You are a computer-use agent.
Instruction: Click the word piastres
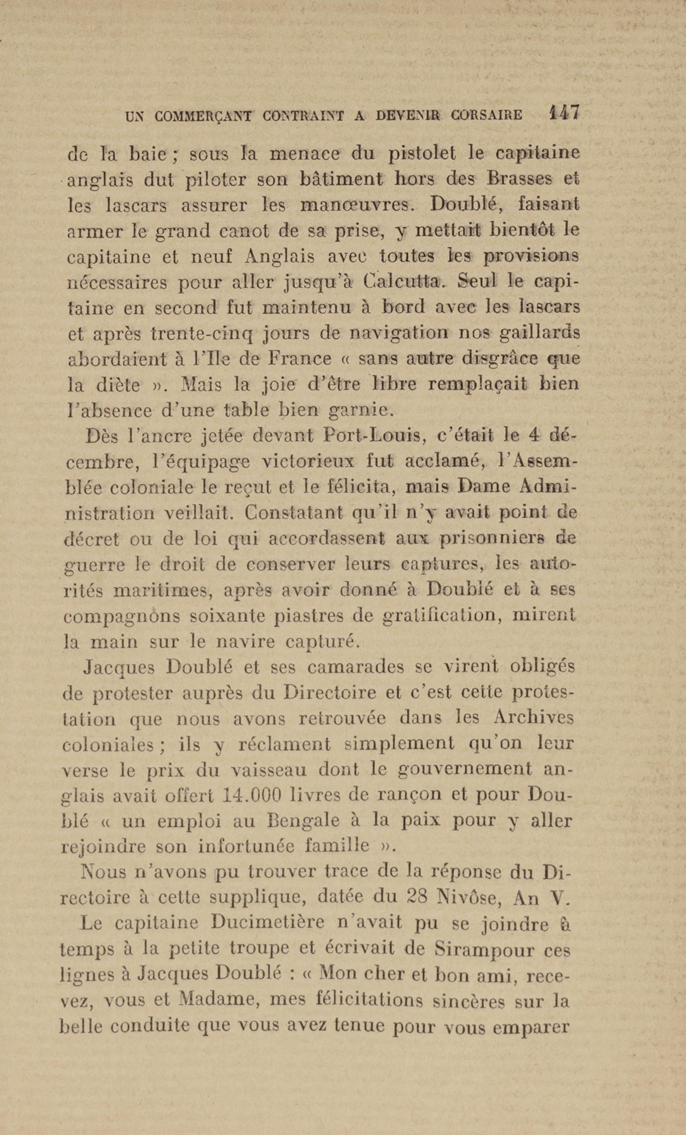pos(315,616)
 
